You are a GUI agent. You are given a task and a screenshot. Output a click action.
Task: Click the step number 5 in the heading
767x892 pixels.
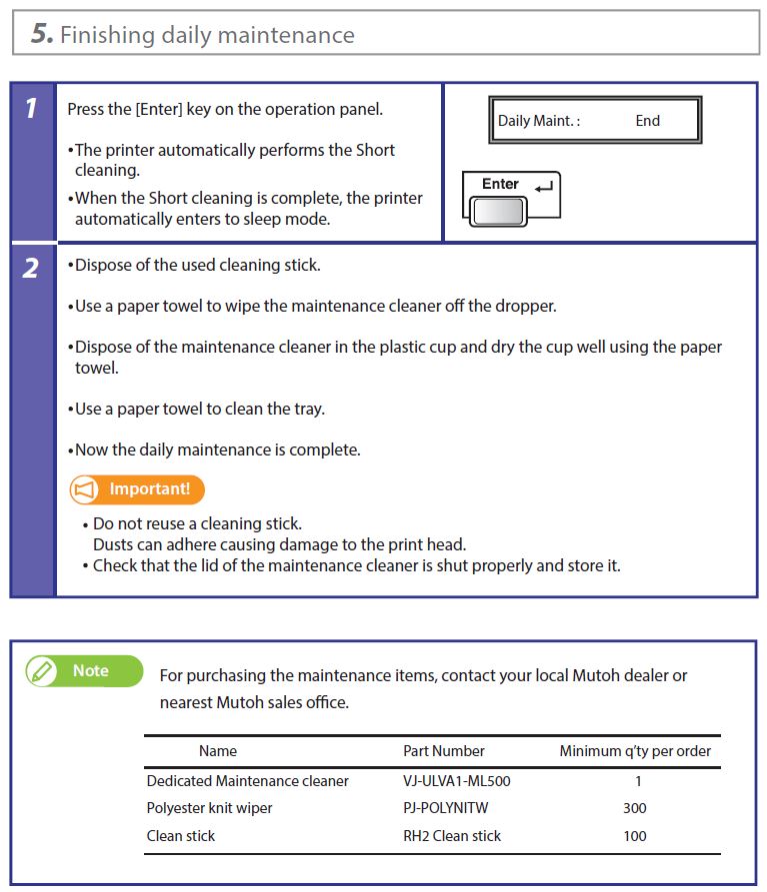(40, 34)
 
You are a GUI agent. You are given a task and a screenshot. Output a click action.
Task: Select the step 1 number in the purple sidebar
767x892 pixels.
(32, 108)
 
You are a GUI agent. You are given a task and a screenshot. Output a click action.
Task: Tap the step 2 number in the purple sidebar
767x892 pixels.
(32, 268)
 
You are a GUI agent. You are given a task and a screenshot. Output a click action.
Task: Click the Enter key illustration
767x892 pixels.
(510, 197)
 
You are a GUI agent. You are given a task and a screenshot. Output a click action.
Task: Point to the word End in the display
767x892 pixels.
(647, 121)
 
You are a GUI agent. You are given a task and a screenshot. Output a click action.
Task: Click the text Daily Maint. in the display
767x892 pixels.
(538, 121)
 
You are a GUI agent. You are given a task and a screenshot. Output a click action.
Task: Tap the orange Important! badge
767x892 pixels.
(137, 489)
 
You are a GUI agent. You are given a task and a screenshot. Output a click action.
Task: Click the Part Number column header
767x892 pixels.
(443, 751)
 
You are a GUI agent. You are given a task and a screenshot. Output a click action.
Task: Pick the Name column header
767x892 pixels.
(218, 751)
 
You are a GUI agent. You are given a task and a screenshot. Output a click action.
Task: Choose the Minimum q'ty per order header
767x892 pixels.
(634, 751)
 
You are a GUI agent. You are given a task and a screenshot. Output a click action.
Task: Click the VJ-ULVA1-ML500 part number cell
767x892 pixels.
(456, 781)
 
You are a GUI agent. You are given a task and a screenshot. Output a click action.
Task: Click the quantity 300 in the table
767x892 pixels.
(634, 808)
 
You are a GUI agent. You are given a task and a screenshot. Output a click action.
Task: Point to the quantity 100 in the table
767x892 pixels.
(634, 836)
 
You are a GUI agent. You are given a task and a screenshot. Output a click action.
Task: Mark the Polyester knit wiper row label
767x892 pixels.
(209, 808)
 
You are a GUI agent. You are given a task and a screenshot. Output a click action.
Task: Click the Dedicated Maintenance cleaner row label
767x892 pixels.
(247, 781)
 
